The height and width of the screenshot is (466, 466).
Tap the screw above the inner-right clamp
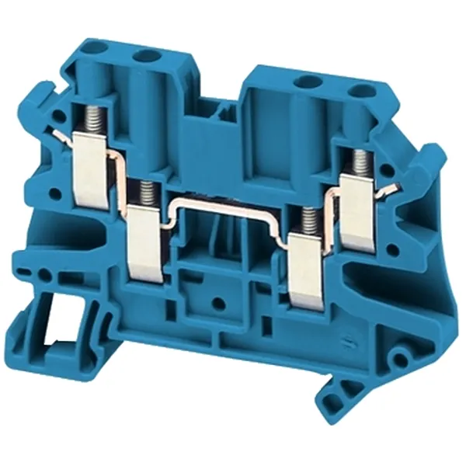coord(311,220)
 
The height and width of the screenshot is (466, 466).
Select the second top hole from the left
coord(146,57)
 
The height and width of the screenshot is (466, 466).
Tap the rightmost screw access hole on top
coord(360,91)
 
